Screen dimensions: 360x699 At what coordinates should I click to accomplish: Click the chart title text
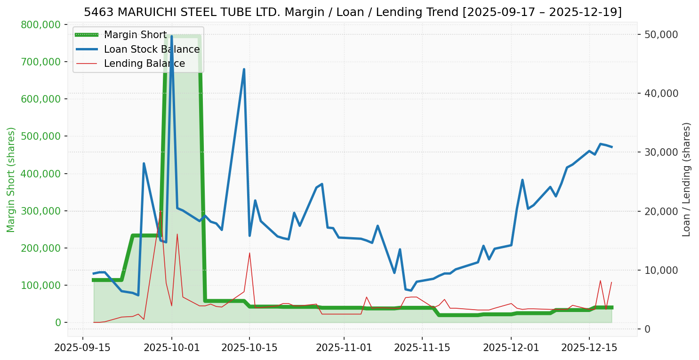coord(353,12)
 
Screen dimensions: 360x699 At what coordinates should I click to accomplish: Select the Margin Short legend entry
coord(135,35)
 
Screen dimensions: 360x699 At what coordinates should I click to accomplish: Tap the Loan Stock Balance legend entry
coord(152,49)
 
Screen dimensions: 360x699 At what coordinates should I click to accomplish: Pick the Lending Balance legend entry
coord(144,64)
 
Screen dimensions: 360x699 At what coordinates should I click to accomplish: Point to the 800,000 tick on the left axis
coord(41,24)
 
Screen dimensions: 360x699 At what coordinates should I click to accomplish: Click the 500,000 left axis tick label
coord(41,136)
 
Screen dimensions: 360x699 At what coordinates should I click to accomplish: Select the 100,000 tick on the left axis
coord(41,286)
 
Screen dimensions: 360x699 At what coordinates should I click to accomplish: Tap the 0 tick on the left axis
coord(58,323)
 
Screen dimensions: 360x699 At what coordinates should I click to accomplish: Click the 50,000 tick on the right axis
coord(661,34)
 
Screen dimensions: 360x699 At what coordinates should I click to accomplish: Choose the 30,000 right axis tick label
coord(661,152)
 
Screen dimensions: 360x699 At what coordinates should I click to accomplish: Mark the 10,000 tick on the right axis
coord(661,270)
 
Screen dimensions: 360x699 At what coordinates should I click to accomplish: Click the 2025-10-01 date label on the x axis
coord(171,348)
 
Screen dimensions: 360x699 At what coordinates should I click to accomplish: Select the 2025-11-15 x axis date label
coord(422,348)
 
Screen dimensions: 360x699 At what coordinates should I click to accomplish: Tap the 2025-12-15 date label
coord(589,348)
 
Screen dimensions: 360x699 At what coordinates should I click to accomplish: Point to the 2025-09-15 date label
coord(83,348)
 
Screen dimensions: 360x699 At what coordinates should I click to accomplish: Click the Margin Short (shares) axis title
coord(11,180)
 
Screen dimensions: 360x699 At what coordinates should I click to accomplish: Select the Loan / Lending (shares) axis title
coord(686,179)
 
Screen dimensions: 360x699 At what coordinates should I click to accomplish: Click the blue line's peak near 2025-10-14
coord(244,70)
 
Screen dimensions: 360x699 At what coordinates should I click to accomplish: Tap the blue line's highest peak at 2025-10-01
coord(171,36)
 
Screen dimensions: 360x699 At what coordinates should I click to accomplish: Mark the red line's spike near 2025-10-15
coord(249,253)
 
